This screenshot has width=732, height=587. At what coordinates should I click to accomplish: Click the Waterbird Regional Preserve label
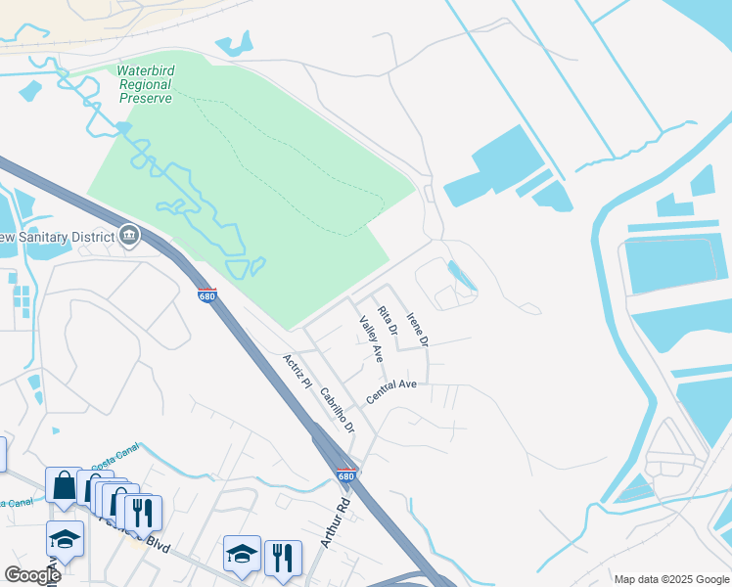click(x=145, y=84)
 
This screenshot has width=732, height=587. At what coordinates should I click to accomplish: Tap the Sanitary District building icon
click(x=129, y=236)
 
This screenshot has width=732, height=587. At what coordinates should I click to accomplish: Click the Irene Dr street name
click(x=417, y=330)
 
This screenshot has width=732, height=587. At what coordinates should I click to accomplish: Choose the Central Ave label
click(x=391, y=391)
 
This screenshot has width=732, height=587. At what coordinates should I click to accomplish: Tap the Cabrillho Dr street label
click(x=336, y=410)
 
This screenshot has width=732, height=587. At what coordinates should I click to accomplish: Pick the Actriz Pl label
click(x=297, y=372)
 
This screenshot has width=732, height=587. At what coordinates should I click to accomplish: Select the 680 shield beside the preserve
click(x=206, y=294)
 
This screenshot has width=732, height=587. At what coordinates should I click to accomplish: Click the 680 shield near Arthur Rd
click(x=345, y=476)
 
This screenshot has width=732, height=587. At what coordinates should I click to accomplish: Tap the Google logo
click(x=32, y=575)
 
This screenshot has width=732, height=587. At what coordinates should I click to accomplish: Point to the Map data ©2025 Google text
click(x=670, y=579)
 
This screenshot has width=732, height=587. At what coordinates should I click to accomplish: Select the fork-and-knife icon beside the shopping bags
click(x=144, y=512)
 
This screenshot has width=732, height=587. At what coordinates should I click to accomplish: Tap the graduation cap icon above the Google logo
click(x=66, y=538)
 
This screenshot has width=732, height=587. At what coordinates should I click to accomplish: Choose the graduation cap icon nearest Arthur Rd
click(x=242, y=554)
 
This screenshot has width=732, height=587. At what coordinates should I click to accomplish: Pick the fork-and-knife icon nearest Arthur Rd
click(x=283, y=557)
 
